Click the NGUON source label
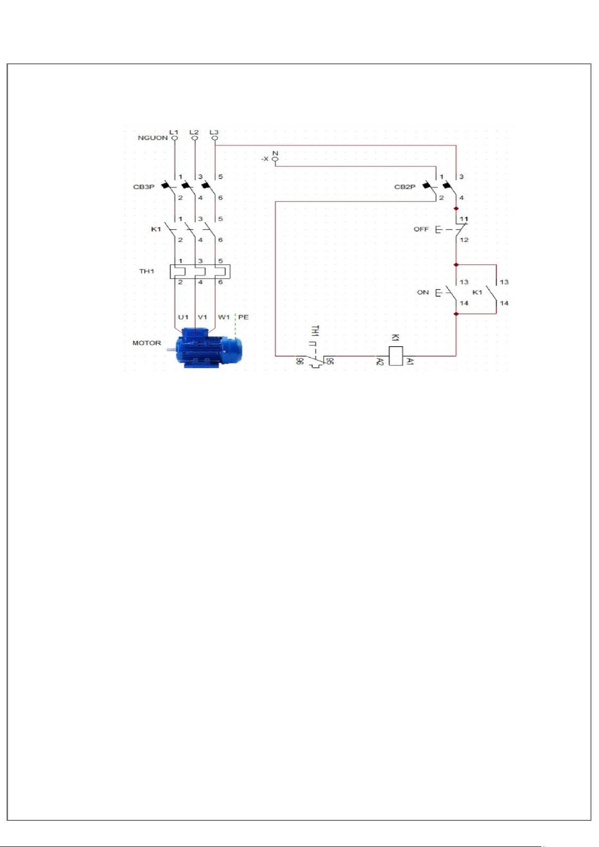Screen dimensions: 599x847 [x=153, y=138]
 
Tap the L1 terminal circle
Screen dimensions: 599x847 [x=174, y=138]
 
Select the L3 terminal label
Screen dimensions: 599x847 [x=214, y=132]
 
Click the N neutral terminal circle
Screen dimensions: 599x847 [x=275, y=159]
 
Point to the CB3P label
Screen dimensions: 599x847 [x=144, y=187]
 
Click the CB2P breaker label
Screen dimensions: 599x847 [x=405, y=187]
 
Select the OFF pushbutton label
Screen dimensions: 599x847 [x=421, y=229]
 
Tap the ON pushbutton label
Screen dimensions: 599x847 [x=423, y=292]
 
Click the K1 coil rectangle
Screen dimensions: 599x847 [x=395, y=356]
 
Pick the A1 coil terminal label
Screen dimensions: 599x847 [x=410, y=361]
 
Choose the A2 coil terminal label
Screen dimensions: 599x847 [x=380, y=361]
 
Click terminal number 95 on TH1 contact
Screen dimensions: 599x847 [x=330, y=361]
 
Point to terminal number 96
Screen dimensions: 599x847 [x=299, y=361]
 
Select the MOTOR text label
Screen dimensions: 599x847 [x=147, y=343]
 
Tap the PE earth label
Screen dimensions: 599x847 [x=243, y=317]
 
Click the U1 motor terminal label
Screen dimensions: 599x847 [x=183, y=317]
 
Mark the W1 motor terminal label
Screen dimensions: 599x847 [x=224, y=317]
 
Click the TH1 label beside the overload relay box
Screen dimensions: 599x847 [x=147, y=271]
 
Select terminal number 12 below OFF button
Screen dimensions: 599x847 [x=464, y=240]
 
